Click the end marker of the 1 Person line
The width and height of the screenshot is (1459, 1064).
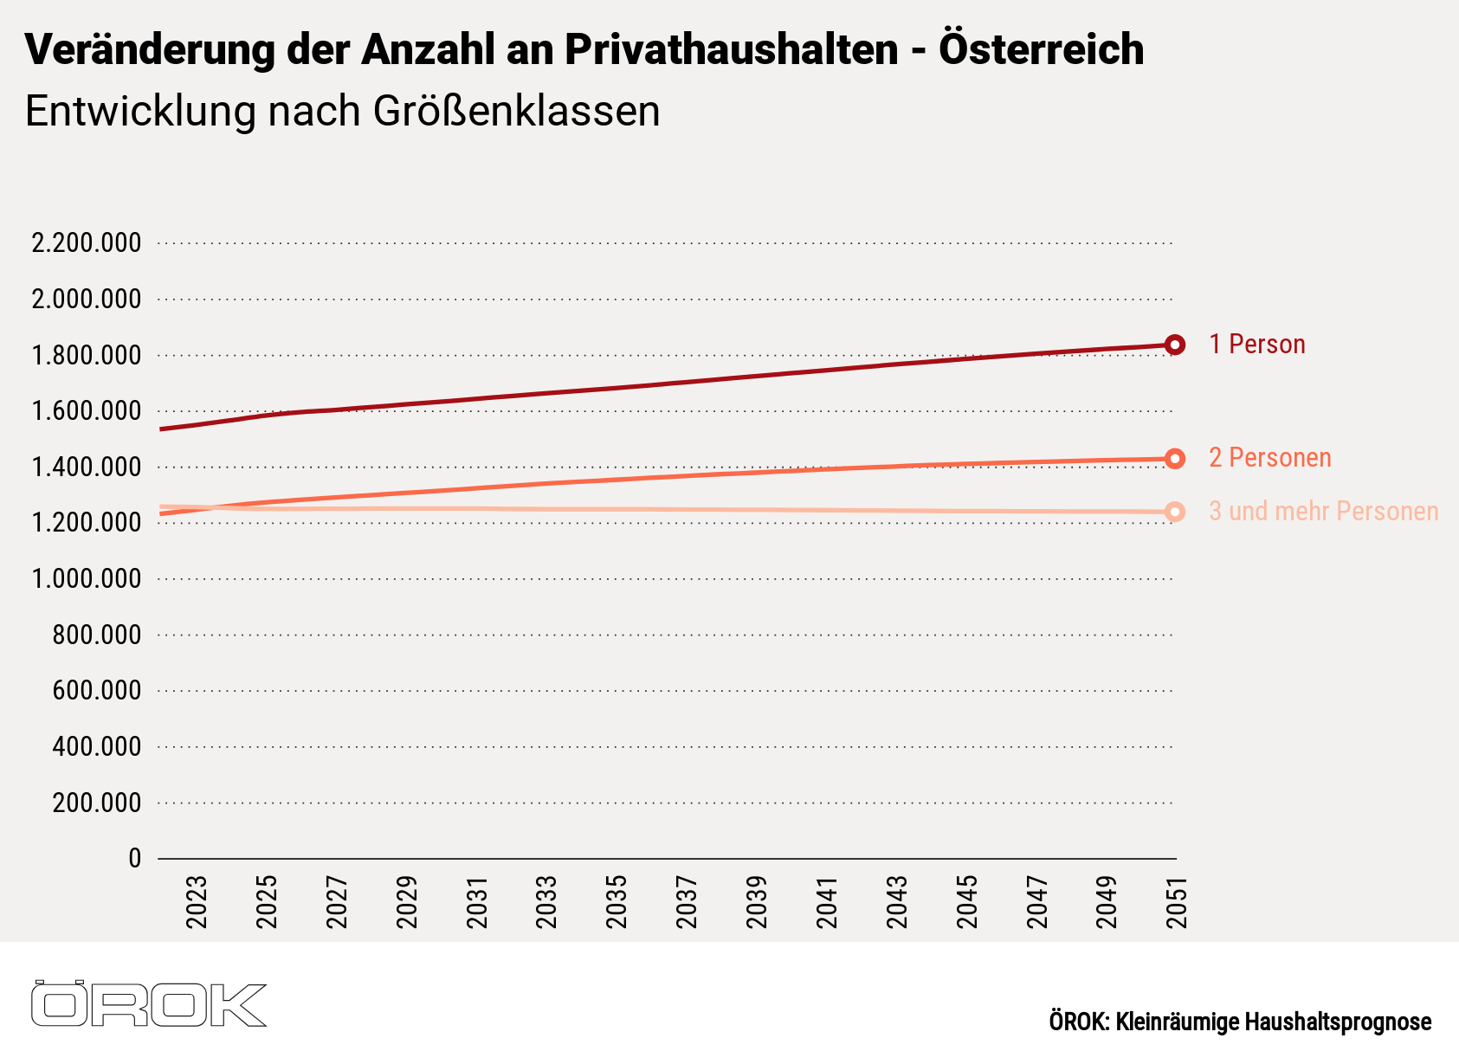coord(1175,345)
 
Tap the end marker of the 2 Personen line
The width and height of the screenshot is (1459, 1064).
coord(1175,459)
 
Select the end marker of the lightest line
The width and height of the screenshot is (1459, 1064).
coord(1175,513)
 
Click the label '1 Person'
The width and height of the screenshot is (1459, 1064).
coord(1256,345)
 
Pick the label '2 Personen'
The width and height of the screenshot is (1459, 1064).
coord(1269,458)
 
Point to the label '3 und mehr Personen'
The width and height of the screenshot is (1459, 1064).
coord(1323,512)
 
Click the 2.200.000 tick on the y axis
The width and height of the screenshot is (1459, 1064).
coord(86,243)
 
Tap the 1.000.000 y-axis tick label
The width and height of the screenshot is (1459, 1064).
coord(86,579)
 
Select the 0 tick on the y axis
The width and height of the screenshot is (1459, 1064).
coord(134,859)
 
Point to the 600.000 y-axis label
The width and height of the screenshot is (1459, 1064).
coord(96,691)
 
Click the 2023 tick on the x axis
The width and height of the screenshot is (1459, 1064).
coord(197,902)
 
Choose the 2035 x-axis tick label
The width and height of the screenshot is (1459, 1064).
coord(617,902)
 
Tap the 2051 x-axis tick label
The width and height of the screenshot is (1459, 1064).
coord(1176,902)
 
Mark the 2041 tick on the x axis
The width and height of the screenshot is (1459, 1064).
coord(827,902)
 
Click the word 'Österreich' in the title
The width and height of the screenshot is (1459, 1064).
coord(1041,49)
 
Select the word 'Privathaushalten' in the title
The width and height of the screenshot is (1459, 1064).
coord(732,49)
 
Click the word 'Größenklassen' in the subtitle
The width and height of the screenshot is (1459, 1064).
coord(517,112)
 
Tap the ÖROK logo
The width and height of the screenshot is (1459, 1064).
coord(148,1004)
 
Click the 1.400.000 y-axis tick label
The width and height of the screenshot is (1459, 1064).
coord(86,468)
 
